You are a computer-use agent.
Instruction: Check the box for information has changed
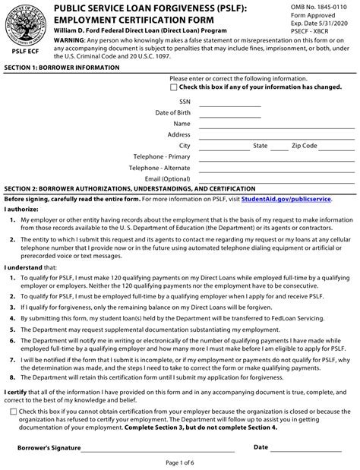tap(175, 87)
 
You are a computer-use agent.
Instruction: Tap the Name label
tap(182, 123)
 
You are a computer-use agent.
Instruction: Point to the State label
tap(260, 145)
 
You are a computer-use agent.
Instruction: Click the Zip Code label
tap(304, 145)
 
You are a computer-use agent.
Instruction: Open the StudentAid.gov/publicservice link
tap(286, 199)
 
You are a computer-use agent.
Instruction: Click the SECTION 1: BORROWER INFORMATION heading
tap(62, 68)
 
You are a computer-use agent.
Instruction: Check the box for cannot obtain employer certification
tap(14, 412)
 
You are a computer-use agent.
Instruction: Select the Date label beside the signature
tap(261, 447)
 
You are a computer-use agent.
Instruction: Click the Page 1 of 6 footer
tap(179, 463)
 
